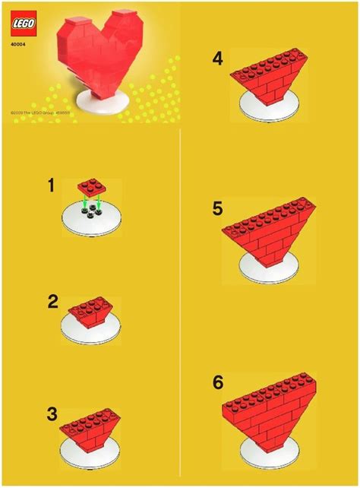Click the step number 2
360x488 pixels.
[52, 301]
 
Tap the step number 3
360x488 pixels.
[52, 414]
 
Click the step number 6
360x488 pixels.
[219, 383]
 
